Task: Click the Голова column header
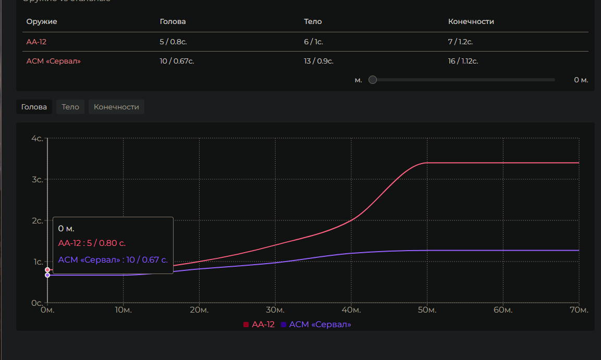(x=173, y=21)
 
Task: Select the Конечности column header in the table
(x=471, y=21)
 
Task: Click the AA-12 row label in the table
(x=36, y=42)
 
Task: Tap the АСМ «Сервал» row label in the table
(x=54, y=61)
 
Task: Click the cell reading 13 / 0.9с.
(x=318, y=61)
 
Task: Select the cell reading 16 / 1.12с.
(x=463, y=61)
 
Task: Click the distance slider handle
(x=373, y=80)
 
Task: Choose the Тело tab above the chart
(x=70, y=107)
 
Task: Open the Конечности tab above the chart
(x=116, y=107)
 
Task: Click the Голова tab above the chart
(x=34, y=107)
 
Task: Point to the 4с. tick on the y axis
(x=37, y=139)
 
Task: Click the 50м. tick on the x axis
(x=427, y=311)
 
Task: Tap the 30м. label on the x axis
(x=275, y=311)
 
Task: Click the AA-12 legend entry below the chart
(x=259, y=325)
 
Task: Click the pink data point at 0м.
(x=47, y=270)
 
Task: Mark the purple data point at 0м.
(x=47, y=275)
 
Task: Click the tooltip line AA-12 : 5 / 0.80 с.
(x=92, y=243)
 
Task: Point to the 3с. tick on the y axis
(x=37, y=179)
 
